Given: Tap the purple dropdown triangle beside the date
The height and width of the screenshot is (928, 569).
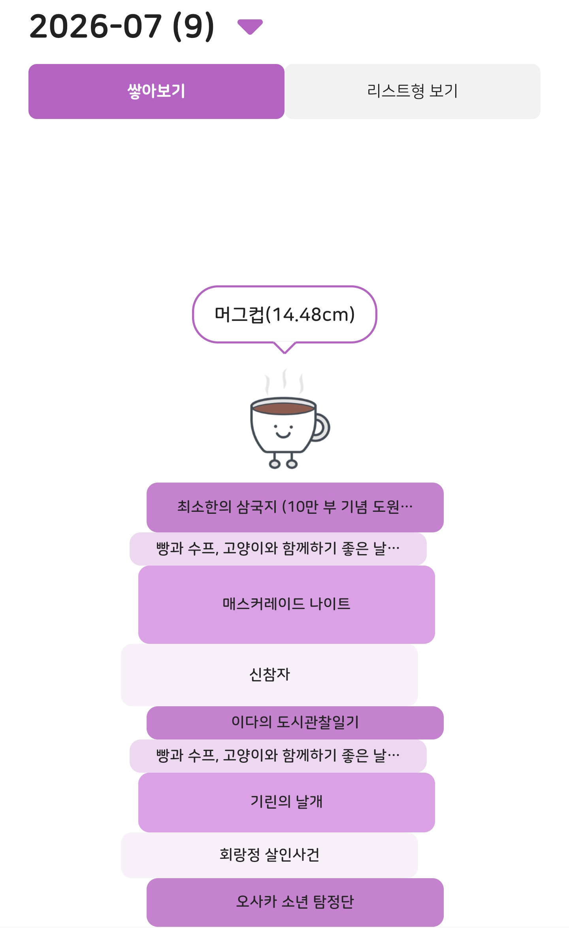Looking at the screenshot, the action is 250,26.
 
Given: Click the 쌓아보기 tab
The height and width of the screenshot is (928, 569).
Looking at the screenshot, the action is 156,91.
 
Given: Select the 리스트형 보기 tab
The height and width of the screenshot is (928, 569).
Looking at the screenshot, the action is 413,91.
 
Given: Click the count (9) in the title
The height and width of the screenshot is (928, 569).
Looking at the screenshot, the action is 194,26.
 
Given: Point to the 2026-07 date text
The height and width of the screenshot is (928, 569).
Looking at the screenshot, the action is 96,26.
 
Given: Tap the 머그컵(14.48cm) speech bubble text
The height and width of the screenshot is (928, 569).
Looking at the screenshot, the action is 284,315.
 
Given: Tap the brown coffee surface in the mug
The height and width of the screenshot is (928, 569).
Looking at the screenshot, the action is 283,408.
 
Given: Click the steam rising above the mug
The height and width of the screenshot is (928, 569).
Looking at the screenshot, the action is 284,381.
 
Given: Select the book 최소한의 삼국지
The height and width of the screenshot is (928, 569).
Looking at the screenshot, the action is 295,507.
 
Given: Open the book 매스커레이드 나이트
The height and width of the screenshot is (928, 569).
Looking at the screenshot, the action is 286,604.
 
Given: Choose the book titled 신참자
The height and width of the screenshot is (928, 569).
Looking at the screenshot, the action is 269,675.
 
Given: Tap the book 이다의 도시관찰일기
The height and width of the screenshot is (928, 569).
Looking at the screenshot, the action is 295,722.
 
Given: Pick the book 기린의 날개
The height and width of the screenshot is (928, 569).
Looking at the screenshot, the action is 286,802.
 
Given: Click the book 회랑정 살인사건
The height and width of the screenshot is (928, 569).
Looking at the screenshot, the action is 269,855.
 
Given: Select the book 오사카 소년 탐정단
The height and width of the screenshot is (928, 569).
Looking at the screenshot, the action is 295,902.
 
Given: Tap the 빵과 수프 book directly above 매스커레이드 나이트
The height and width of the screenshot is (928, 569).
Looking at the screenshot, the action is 278,549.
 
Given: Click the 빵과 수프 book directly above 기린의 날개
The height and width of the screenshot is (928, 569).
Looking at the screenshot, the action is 278,756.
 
